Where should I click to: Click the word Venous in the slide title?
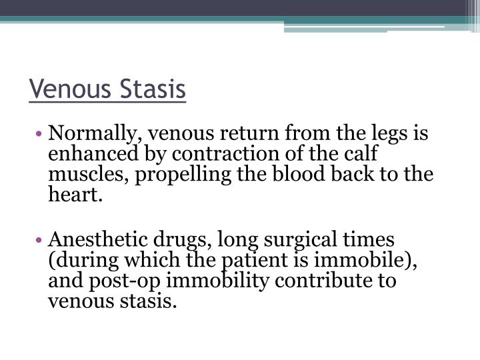[x=69, y=89]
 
